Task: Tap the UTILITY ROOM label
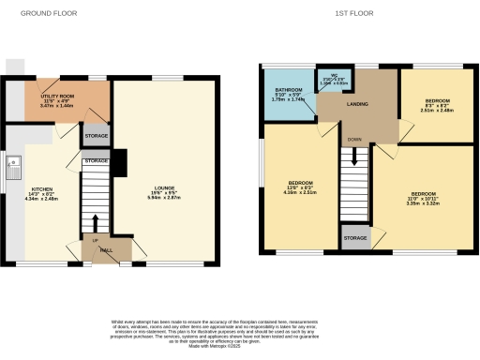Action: coord(57,96)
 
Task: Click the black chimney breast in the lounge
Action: coord(117,162)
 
